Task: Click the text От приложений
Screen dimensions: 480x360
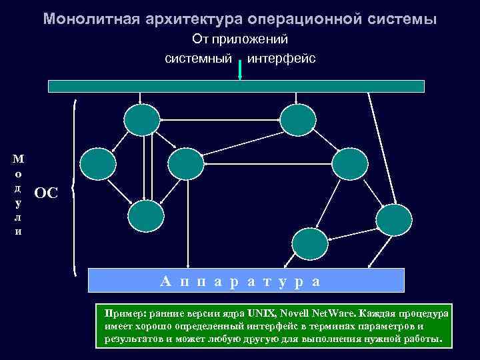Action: click(240, 39)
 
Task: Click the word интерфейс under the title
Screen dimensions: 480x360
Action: click(281, 59)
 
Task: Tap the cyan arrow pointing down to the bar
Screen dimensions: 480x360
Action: click(239, 71)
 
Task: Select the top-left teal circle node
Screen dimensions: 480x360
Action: click(141, 120)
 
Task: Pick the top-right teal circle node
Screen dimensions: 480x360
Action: click(297, 120)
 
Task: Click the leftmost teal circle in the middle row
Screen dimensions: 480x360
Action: click(97, 164)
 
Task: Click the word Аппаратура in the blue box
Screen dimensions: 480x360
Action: click(241, 281)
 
